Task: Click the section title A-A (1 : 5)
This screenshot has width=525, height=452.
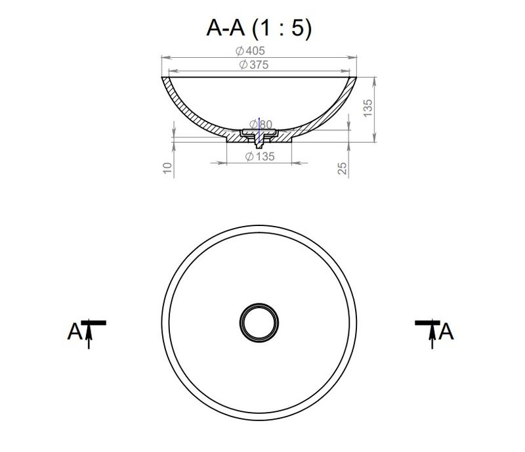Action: [259, 28]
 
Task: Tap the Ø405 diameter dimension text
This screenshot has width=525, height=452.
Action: [250, 51]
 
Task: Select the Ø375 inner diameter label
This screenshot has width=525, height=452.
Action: [254, 65]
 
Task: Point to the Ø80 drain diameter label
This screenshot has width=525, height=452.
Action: [261, 124]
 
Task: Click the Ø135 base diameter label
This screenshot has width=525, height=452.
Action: [260, 156]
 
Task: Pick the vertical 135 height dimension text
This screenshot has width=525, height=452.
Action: [367, 108]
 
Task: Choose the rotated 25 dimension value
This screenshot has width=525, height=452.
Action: [342, 168]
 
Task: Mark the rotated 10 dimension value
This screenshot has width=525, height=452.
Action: [167, 168]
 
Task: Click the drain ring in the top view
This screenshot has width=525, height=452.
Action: [259, 304]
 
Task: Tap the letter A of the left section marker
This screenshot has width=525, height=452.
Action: [75, 332]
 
